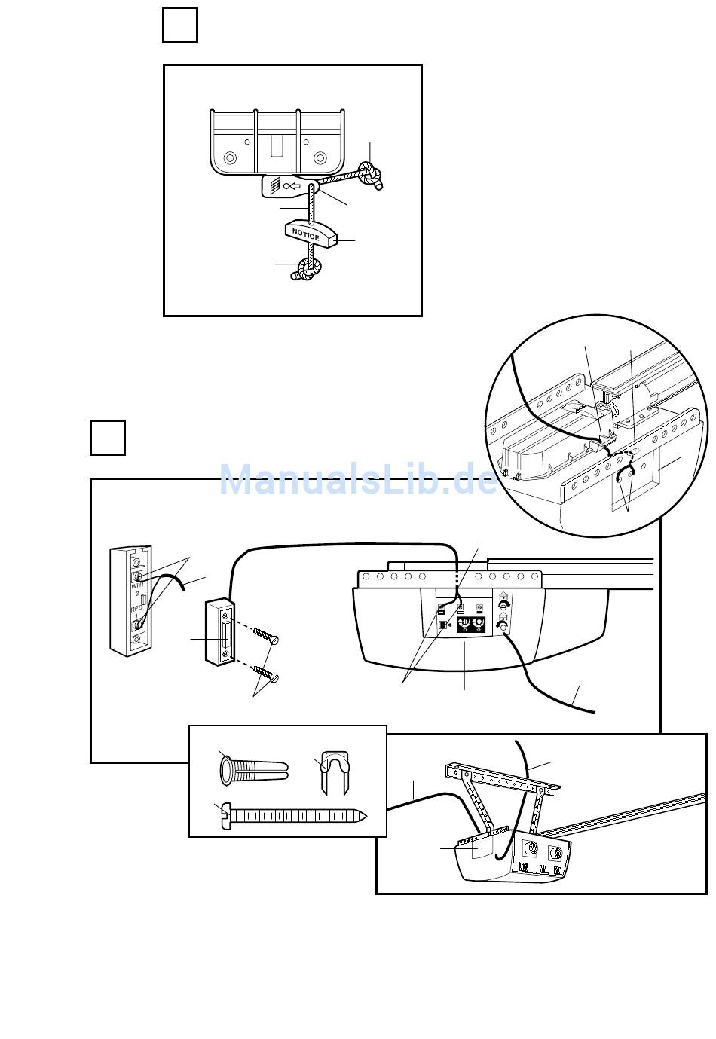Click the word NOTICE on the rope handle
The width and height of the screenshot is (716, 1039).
306,234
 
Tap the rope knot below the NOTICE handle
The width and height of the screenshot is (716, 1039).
307,267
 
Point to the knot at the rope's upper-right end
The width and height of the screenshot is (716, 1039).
370,174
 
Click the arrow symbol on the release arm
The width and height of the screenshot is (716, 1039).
292,185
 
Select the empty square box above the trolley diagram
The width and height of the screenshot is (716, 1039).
180,25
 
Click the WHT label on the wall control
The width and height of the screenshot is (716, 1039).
137,585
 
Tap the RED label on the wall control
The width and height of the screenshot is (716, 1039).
137,608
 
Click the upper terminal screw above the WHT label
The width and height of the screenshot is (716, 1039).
138,576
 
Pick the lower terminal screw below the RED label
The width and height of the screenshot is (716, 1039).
138,622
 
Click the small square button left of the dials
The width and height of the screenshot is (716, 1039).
442,624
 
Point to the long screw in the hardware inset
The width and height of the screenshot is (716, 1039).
294,816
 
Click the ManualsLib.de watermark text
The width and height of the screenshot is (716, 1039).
358,479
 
